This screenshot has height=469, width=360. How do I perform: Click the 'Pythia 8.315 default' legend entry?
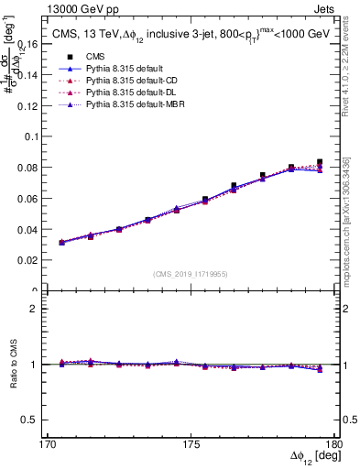[101, 68]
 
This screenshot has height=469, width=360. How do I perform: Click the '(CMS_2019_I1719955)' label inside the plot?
[191, 274]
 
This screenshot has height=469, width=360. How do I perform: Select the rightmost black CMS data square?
[320, 162]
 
